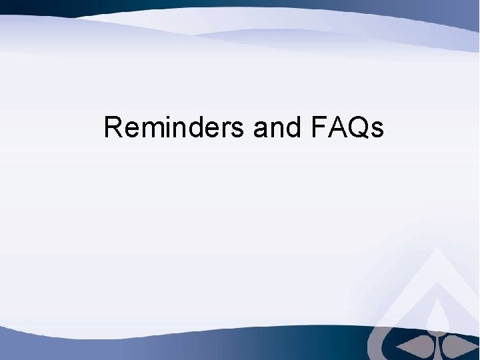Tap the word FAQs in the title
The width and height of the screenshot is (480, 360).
click(x=347, y=127)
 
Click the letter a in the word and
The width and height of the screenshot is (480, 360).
click(x=260, y=129)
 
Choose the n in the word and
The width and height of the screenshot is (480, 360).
click(x=276, y=129)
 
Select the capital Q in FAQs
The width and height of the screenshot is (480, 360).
click(x=356, y=127)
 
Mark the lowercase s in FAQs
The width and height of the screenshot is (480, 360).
click(x=377, y=129)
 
